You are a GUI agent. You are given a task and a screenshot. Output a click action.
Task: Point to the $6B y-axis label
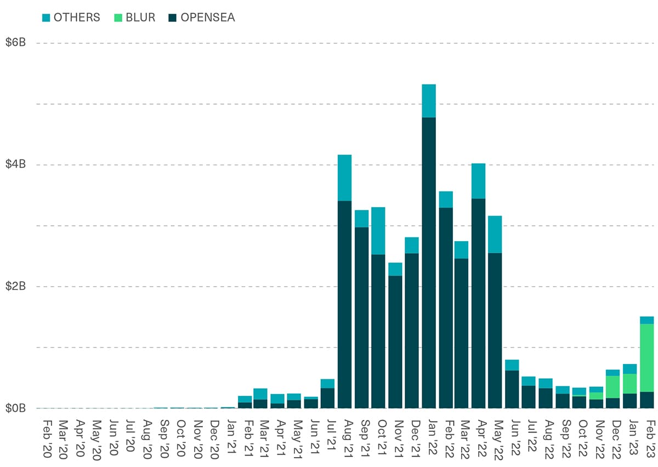tap(16, 43)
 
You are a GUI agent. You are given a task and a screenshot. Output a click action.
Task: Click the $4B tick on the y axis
tap(16, 164)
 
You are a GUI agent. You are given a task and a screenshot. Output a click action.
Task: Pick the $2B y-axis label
tap(16, 286)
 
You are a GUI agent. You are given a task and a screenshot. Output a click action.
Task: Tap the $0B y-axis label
tap(16, 408)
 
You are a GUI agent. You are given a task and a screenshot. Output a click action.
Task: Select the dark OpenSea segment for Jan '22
tap(429, 263)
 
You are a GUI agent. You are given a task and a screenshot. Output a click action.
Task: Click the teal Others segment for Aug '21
tap(344, 178)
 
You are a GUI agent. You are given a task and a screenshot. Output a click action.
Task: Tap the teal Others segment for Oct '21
tap(378, 231)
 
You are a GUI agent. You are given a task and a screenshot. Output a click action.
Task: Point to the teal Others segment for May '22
tap(495, 234)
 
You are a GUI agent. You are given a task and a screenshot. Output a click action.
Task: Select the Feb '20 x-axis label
tap(48, 438)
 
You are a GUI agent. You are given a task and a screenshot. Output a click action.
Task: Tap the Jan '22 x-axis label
tap(429, 438)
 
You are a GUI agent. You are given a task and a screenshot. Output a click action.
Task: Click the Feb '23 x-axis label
tap(646, 438)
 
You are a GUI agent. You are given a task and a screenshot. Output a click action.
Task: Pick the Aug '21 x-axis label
tap(344, 438)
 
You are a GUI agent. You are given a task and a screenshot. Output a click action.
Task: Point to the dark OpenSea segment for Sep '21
tap(361, 318)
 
